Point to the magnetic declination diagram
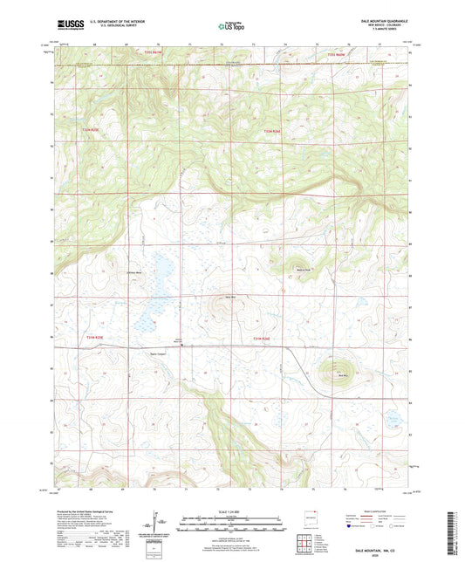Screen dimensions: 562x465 point(156,524)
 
